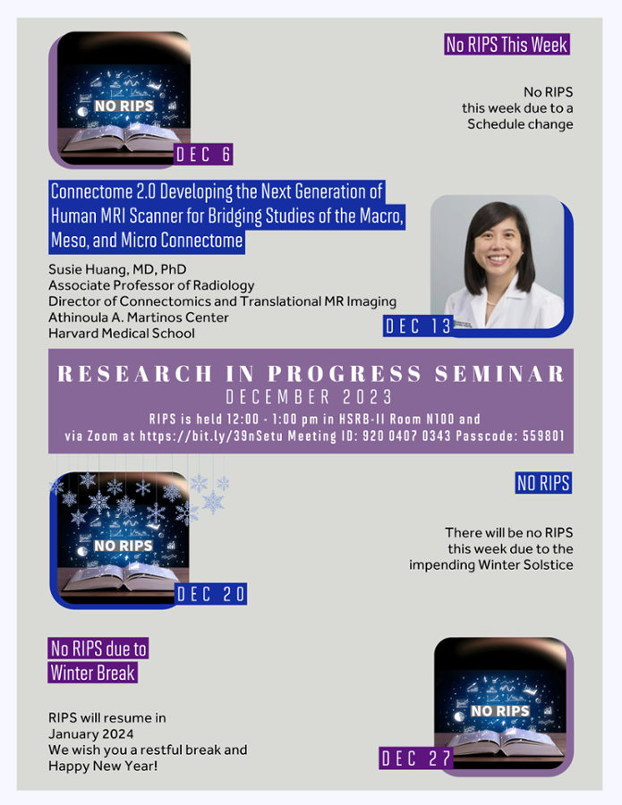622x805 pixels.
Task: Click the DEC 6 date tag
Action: coord(203,155)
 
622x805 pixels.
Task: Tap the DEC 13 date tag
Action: coord(418,326)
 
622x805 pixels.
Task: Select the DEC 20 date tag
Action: coord(210,594)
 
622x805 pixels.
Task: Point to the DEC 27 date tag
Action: coord(416,758)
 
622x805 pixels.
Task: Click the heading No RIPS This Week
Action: coord(507,45)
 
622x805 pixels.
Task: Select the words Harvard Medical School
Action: coord(122,334)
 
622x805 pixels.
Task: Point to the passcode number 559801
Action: coord(543,436)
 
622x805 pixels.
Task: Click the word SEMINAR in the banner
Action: coord(499,374)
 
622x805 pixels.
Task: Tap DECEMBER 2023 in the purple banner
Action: coord(310,397)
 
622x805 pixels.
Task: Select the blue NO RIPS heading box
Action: coord(543,483)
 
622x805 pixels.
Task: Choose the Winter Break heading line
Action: coord(93,673)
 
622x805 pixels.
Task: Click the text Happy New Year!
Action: coord(103,766)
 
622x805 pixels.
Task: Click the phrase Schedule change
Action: coord(520,124)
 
